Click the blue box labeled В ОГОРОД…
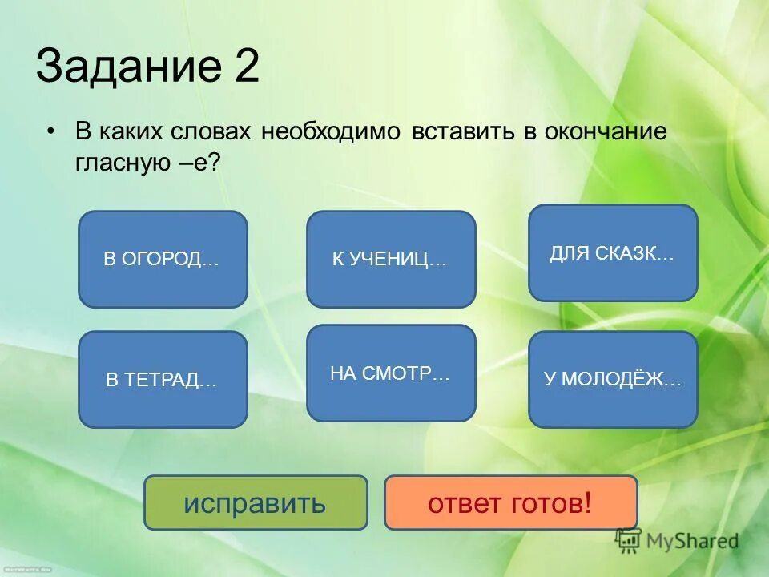pyautogui.click(x=163, y=259)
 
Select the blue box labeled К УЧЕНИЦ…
pyautogui.click(x=391, y=259)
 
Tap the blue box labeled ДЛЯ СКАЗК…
pyautogui.click(x=613, y=253)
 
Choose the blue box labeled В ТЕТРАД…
pyautogui.click(x=163, y=379)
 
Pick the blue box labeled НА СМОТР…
pyautogui.click(x=391, y=373)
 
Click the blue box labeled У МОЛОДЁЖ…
pyautogui.click(x=613, y=379)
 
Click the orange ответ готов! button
pyautogui.click(x=510, y=502)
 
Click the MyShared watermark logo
pyautogui.click(x=677, y=541)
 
